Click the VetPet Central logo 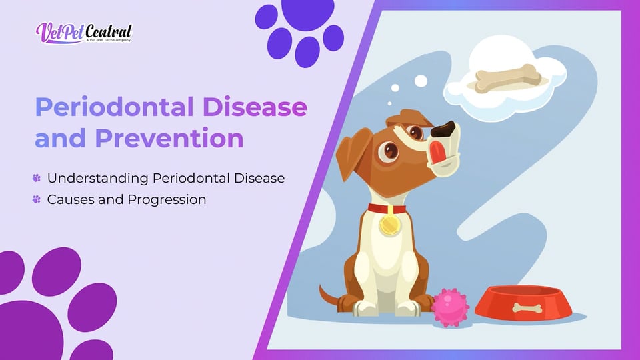(84, 33)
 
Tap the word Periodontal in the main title (115, 107)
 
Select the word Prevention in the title (169, 139)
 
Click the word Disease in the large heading (255, 107)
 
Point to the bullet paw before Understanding (36, 178)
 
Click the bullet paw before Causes (36, 199)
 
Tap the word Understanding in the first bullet (98, 179)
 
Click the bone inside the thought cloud (508, 79)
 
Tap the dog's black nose (444, 129)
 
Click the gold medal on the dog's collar (389, 224)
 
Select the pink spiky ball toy (450, 307)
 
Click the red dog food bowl (524, 303)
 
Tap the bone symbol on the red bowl (527, 308)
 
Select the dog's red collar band (387, 209)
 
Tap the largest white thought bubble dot (421, 81)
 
